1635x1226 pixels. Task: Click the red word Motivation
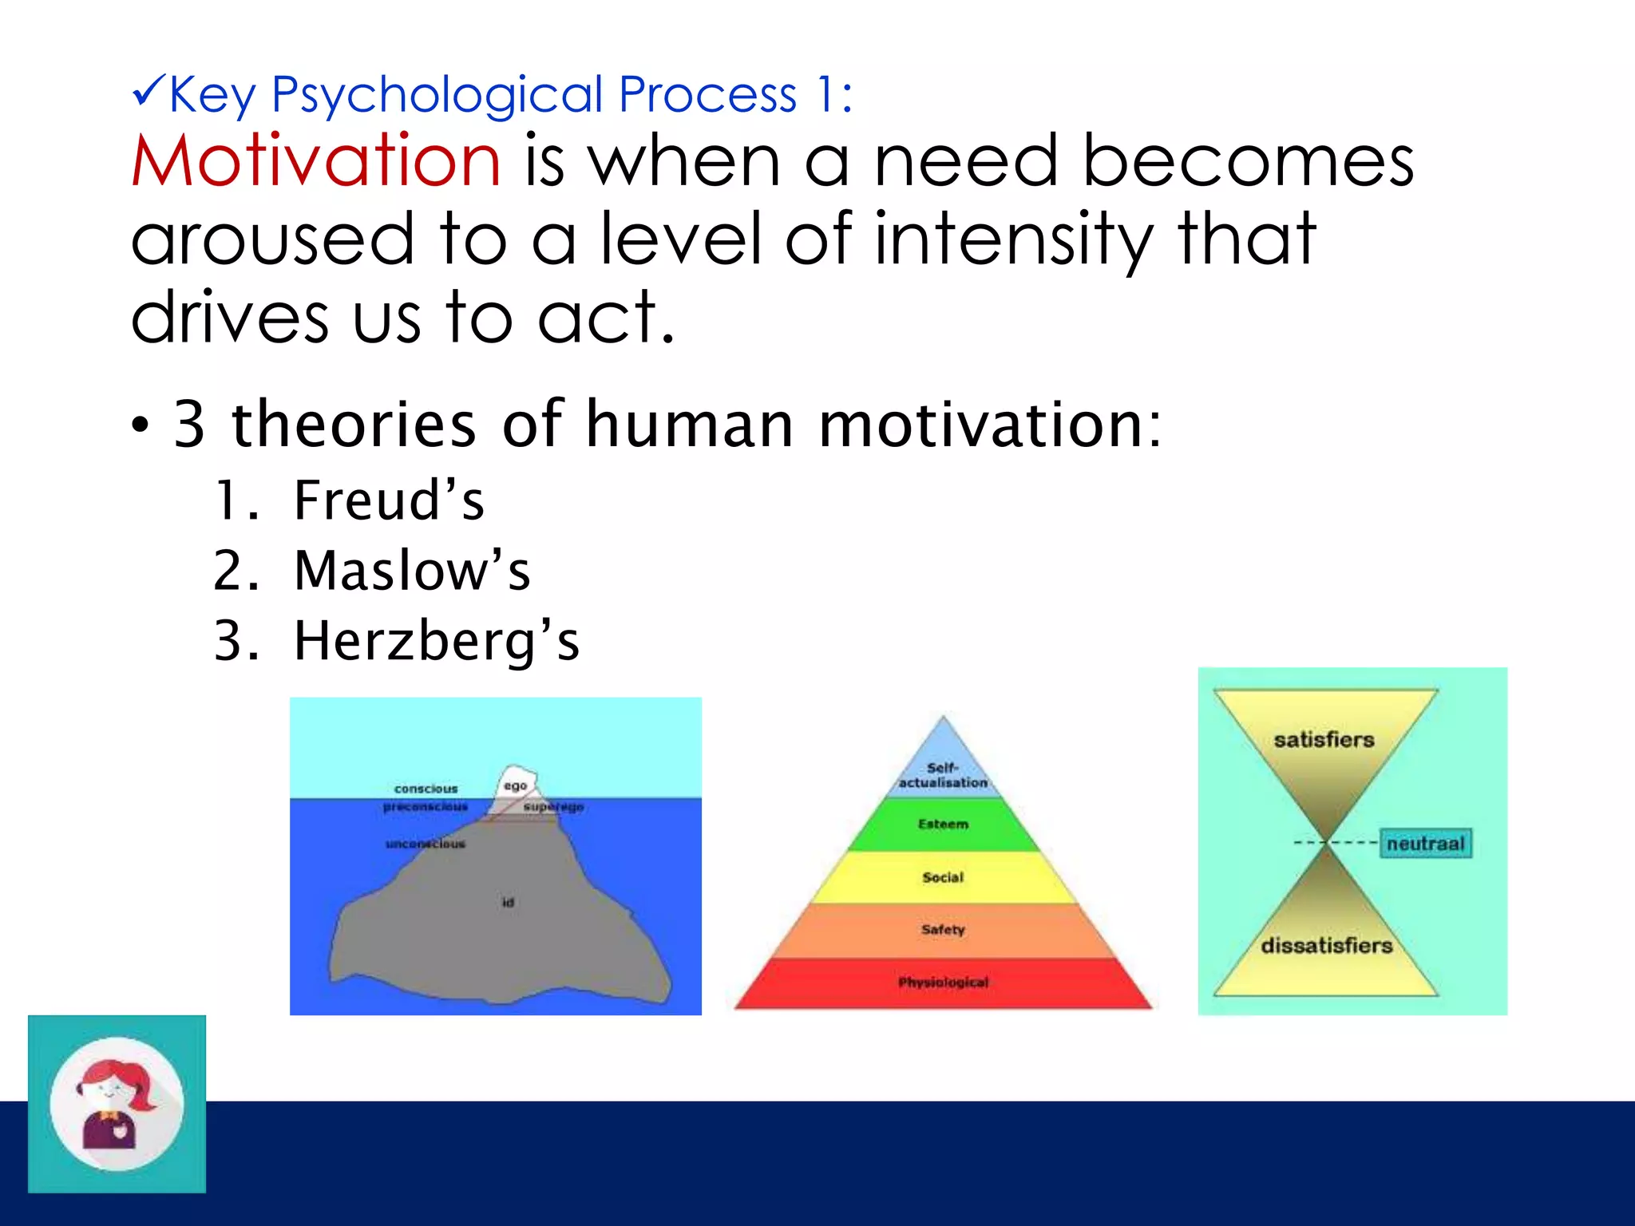click(316, 161)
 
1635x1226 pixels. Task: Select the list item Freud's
click(388, 501)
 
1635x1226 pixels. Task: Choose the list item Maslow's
click(411, 571)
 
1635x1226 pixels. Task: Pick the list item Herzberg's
click(436, 642)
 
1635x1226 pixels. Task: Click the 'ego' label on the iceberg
click(515, 786)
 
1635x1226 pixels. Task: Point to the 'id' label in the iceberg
click(508, 903)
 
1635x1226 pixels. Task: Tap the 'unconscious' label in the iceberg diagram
click(425, 844)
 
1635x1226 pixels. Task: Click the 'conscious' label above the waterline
click(426, 789)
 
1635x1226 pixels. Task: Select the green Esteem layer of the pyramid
click(943, 825)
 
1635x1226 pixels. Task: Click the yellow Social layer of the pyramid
click(943, 877)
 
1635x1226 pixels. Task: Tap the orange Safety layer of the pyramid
click(943, 930)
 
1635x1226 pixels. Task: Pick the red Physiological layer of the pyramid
click(943, 983)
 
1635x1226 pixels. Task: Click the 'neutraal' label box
click(1425, 844)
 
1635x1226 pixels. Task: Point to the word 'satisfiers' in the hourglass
click(1324, 740)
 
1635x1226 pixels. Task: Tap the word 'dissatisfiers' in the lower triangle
click(1326, 946)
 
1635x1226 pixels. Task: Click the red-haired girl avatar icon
click(117, 1104)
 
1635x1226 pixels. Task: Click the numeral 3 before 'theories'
click(190, 425)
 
